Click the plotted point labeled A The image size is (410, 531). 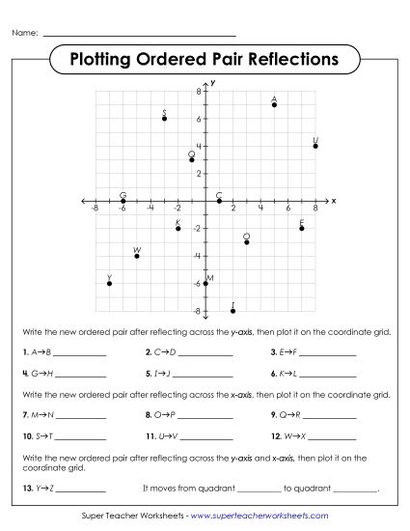(x=275, y=104)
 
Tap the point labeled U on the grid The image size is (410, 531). (x=315, y=146)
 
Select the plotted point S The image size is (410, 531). (x=165, y=118)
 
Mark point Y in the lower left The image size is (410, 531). (x=109, y=283)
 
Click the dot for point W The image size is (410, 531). (x=137, y=255)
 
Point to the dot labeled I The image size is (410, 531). (x=233, y=310)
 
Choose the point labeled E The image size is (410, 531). (x=302, y=228)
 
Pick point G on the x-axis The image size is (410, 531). (x=123, y=201)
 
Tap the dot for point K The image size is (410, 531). (x=178, y=228)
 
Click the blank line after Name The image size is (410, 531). (x=125, y=34)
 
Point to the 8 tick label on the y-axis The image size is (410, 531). (x=198, y=91)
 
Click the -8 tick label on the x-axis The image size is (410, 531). (x=94, y=209)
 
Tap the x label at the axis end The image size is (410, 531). (x=334, y=201)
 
